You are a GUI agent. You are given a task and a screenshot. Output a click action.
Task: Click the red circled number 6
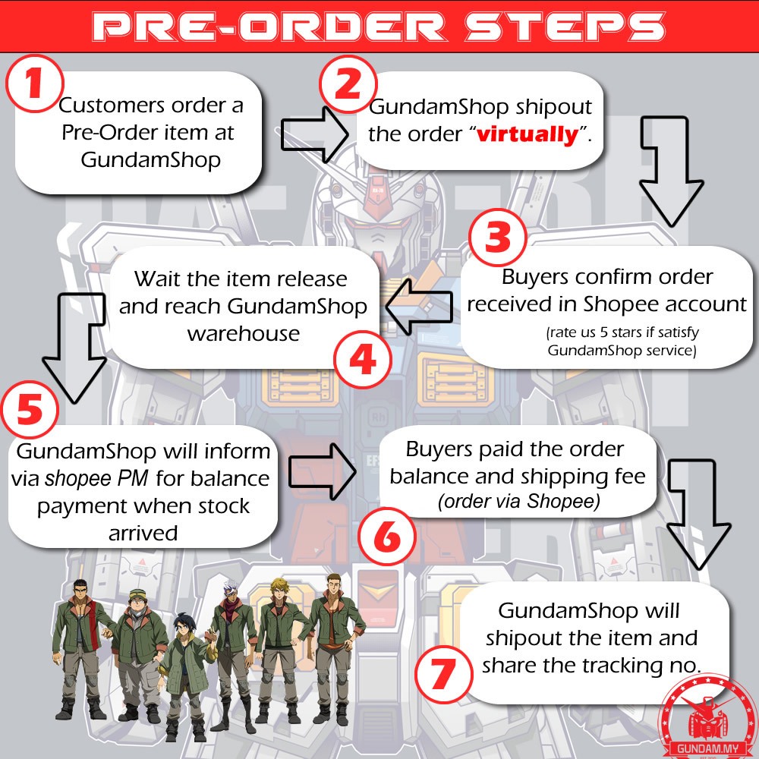pyautogui.click(x=387, y=537)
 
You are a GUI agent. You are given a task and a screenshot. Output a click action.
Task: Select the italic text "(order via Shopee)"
pyautogui.click(x=518, y=501)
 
